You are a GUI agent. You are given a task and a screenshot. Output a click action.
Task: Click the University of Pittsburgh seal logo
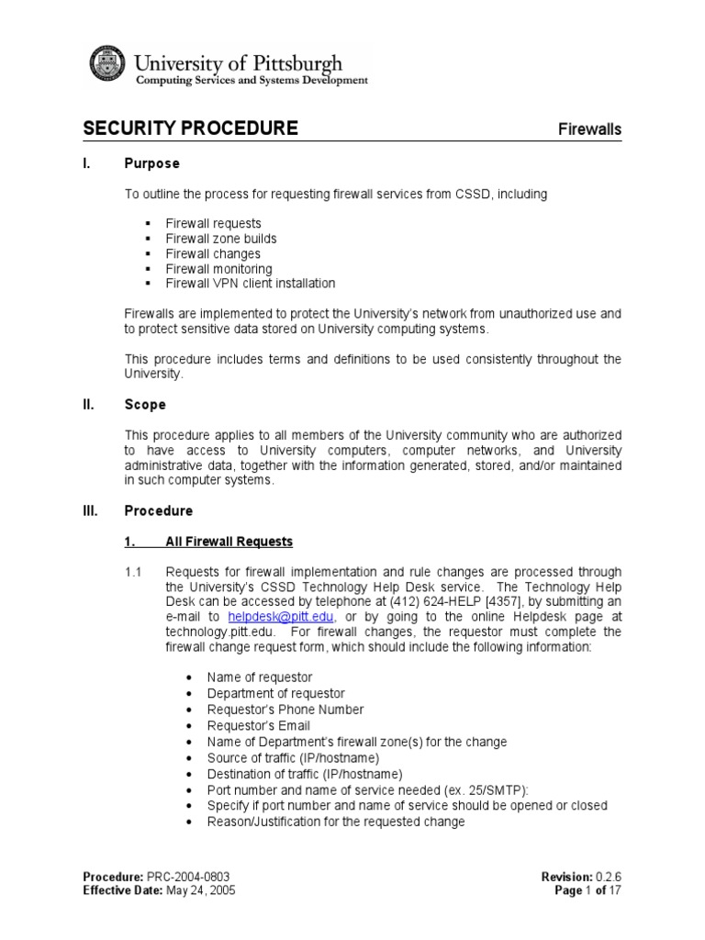[109, 65]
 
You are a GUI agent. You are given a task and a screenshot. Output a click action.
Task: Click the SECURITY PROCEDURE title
[190, 129]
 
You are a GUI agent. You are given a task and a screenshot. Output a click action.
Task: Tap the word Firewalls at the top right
[590, 129]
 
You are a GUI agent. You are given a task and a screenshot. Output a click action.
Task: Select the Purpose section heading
[151, 163]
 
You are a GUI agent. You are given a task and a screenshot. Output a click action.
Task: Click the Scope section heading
[145, 404]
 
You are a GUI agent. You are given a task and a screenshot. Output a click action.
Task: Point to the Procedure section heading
[158, 510]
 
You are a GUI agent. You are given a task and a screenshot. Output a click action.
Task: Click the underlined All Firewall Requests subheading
[229, 542]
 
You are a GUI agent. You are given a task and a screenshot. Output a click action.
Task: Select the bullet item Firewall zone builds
[220, 239]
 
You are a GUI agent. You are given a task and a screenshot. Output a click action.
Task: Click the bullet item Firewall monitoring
[218, 269]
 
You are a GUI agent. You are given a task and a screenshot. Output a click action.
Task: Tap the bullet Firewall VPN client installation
[250, 284]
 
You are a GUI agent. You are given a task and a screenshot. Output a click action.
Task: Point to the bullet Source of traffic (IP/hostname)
[292, 757]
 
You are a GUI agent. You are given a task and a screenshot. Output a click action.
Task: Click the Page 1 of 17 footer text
[587, 890]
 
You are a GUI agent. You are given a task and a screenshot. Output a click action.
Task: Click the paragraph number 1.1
[133, 572]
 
